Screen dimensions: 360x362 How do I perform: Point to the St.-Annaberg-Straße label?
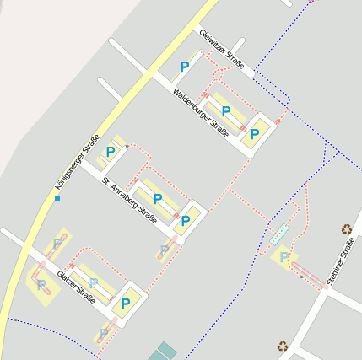click(x=130, y=196)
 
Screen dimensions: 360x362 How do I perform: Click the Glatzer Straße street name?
click(x=76, y=286)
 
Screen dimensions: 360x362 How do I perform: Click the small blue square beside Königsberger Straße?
click(x=57, y=198)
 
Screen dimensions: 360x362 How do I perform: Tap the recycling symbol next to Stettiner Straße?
click(x=346, y=228)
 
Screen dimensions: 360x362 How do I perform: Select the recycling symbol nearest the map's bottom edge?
click(x=282, y=345)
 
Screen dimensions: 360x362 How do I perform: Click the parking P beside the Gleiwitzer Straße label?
click(x=185, y=67)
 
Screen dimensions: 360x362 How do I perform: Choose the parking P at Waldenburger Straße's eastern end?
click(x=253, y=132)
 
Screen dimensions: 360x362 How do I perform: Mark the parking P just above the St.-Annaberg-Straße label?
click(x=110, y=153)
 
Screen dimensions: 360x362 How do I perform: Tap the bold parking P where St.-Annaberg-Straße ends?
click(x=186, y=222)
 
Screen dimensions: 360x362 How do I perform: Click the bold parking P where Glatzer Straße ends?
click(x=126, y=304)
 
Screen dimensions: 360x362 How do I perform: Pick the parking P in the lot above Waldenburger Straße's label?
click(x=226, y=110)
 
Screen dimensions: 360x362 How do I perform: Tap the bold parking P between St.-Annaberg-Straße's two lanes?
click(x=157, y=199)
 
